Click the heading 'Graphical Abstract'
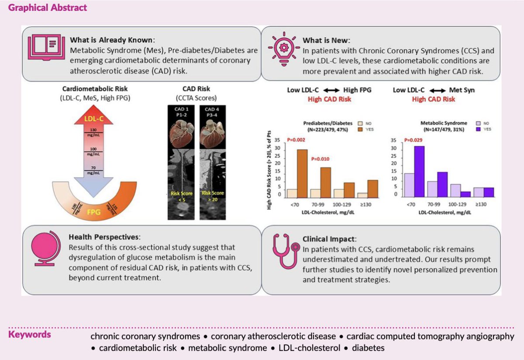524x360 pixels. [48, 8]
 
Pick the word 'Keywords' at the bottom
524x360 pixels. [30, 335]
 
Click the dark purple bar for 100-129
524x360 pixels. [453, 194]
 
